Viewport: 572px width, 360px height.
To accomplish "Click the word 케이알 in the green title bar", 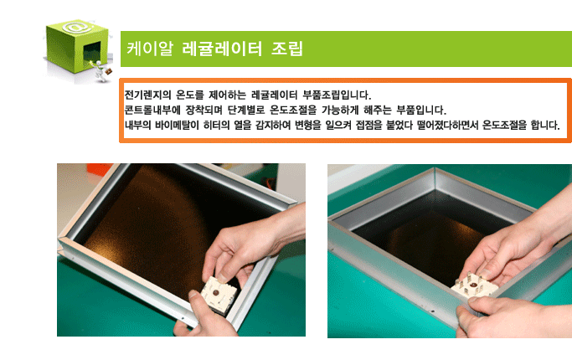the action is tap(150, 49).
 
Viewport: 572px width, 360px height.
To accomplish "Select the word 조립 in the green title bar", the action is tap(287, 49).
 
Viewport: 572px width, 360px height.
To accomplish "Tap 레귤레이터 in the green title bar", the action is tap(222, 49).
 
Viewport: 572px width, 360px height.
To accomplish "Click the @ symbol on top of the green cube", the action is tap(77, 28).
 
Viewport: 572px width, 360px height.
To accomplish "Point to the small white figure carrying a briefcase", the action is tap(101, 71).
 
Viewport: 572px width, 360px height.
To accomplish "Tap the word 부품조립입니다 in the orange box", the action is tap(337, 95).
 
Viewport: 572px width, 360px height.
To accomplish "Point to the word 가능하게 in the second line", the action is tap(340, 110).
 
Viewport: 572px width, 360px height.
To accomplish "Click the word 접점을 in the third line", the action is tap(368, 125).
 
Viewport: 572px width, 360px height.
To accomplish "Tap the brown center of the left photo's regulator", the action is tap(216, 292).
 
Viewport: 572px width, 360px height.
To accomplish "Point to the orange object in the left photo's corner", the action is tap(98, 170).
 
